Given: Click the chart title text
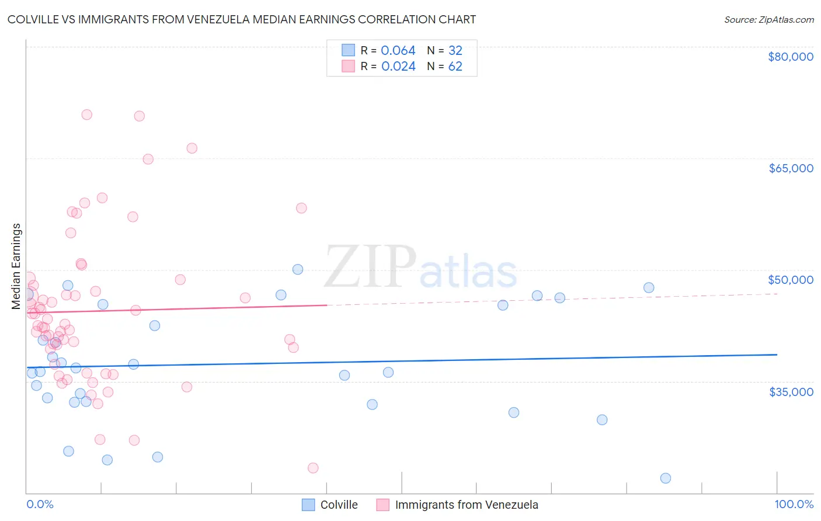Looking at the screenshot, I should (242, 19).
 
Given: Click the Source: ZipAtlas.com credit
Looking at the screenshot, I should (768, 19).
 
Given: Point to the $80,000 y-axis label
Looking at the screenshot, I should (790, 57).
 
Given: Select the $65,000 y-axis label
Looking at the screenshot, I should (790, 168).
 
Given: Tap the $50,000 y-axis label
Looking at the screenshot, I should (790, 280).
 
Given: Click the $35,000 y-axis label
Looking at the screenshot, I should (790, 392).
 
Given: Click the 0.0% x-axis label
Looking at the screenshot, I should (40, 504).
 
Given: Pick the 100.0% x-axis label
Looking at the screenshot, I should (794, 504).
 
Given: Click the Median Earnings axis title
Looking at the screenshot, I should (16, 266).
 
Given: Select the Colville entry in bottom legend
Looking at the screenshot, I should (339, 505).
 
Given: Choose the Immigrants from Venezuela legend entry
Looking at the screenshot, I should (466, 505).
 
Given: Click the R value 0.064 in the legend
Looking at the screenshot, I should (398, 51).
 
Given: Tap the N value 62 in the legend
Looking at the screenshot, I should (455, 67).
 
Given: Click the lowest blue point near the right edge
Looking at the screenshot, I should (665, 478).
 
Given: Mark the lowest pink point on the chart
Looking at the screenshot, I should (313, 468).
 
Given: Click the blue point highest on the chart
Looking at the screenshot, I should (298, 269).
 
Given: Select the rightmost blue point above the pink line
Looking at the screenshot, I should (649, 287).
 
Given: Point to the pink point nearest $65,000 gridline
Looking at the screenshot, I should (148, 159).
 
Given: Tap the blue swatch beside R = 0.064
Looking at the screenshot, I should (348, 51).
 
